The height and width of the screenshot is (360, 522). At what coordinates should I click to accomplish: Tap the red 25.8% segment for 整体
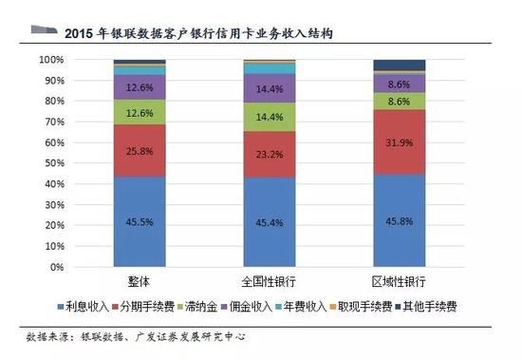coord(140,149)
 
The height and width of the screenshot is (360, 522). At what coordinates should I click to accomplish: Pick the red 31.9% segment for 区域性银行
coord(400,142)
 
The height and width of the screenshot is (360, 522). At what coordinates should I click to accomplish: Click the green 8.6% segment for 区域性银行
coord(400,100)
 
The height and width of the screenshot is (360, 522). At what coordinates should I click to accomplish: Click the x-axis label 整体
coord(140,282)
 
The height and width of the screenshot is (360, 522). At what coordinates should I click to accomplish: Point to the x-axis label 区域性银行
coord(400,282)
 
